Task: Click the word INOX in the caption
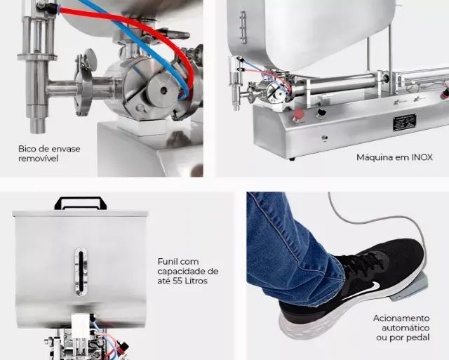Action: coord(422,157)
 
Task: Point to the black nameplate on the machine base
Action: coord(404,123)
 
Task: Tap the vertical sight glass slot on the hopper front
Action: coord(81,272)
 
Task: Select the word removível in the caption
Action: coord(38,159)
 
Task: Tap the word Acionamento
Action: coord(401,319)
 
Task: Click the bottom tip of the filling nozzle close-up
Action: coord(38,133)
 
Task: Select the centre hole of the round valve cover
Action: coord(163,91)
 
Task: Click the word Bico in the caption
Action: coord(26,149)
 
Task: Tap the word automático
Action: coord(406,328)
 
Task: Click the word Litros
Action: coord(196,281)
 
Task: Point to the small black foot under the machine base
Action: coord(292,159)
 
